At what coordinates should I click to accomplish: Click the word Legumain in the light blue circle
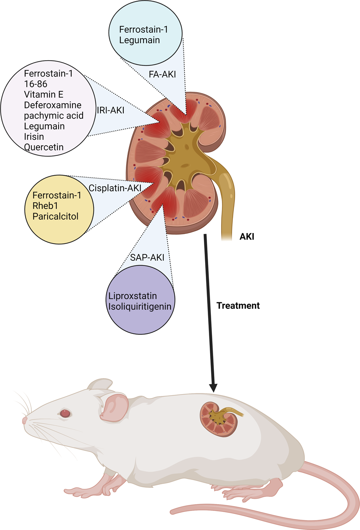pyautogui.click(x=139, y=40)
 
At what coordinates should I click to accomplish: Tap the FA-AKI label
pyautogui.click(x=162, y=75)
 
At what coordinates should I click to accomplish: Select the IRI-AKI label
pyautogui.click(x=110, y=110)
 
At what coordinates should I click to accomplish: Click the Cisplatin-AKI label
pyautogui.click(x=115, y=188)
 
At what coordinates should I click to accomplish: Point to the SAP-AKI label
pyautogui.click(x=147, y=258)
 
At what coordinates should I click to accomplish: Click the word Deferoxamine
pyautogui.click(x=53, y=105)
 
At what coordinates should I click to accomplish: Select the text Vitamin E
pyautogui.click(x=43, y=94)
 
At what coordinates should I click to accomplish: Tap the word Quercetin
pyautogui.click(x=43, y=147)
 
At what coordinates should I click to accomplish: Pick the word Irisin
pyautogui.click(x=34, y=137)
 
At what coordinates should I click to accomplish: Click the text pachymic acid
pyautogui.click(x=54, y=116)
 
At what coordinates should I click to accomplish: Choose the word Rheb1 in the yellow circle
pyautogui.click(x=45, y=206)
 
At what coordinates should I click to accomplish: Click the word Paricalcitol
pyautogui.click(x=55, y=217)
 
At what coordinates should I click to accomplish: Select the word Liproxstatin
pyautogui.click(x=132, y=296)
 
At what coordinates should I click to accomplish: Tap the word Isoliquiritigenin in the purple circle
pyautogui.click(x=140, y=307)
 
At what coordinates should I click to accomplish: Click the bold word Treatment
pyautogui.click(x=238, y=306)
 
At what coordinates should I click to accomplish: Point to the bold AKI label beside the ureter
pyautogui.click(x=247, y=237)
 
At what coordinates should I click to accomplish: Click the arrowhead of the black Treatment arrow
pyautogui.click(x=213, y=387)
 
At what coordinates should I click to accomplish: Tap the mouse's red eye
pyautogui.click(x=65, y=413)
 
